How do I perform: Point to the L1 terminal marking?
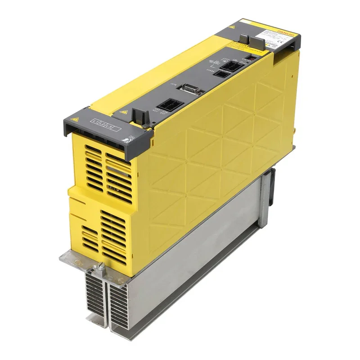point(95,121)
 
